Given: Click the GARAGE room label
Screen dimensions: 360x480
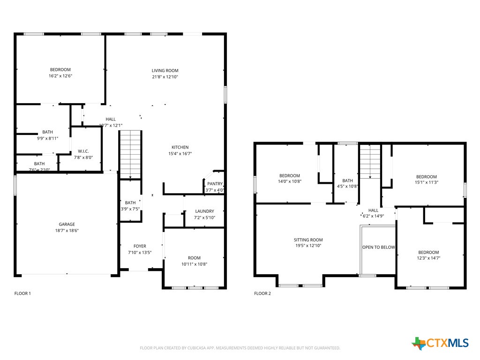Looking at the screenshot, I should click(x=67, y=224).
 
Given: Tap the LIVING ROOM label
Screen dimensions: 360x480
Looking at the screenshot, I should click(x=165, y=70).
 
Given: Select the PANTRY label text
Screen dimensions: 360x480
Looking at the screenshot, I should click(x=215, y=184).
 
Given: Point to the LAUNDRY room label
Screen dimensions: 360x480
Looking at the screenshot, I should click(x=204, y=211).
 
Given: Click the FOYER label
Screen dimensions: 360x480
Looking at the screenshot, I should click(x=140, y=246).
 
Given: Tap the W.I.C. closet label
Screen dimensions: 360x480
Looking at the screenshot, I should click(x=83, y=151).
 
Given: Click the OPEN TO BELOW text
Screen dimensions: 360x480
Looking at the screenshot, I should click(x=378, y=247).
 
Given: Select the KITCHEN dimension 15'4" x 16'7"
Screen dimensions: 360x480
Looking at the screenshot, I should click(x=180, y=153).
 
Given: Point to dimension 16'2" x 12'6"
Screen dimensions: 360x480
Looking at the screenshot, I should click(x=60, y=76).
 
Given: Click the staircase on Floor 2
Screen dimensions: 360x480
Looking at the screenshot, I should click(x=370, y=161).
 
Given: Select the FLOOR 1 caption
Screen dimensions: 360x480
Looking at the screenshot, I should click(x=22, y=293).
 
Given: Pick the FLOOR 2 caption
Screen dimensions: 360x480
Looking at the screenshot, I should click(x=262, y=293).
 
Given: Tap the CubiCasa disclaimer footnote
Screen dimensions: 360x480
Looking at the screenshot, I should click(x=240, y=348).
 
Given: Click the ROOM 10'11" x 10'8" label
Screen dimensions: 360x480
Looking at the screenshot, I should click(x=194, y=261).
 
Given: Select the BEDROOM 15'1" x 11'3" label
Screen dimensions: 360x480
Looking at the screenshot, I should click(x=426, y=180).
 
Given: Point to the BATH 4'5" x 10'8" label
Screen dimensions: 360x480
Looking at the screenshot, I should click(x=347, y=183).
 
